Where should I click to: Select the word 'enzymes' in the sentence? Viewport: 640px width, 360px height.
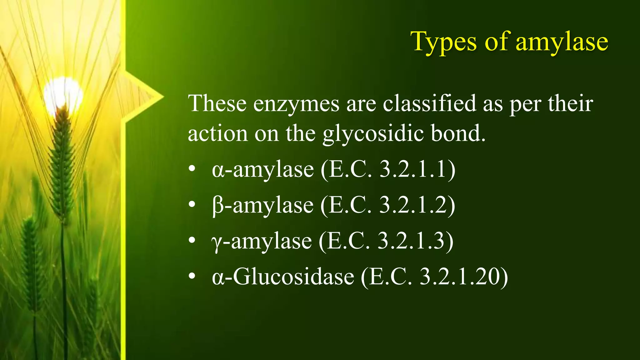pos(296,104)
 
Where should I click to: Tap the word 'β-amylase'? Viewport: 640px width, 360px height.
pos(262,206)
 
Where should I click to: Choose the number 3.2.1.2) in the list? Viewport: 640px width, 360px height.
pos(417,206)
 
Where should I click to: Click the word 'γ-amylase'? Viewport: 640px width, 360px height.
pos(262,241)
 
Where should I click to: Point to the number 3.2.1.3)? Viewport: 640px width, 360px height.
pos(415,241)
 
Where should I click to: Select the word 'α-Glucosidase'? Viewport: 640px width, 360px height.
pos(283,277)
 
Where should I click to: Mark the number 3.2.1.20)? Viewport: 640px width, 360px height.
pos(464,277)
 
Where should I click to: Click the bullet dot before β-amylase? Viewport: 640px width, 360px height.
pos(192,205)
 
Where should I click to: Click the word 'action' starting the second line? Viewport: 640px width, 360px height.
pos(217,134)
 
